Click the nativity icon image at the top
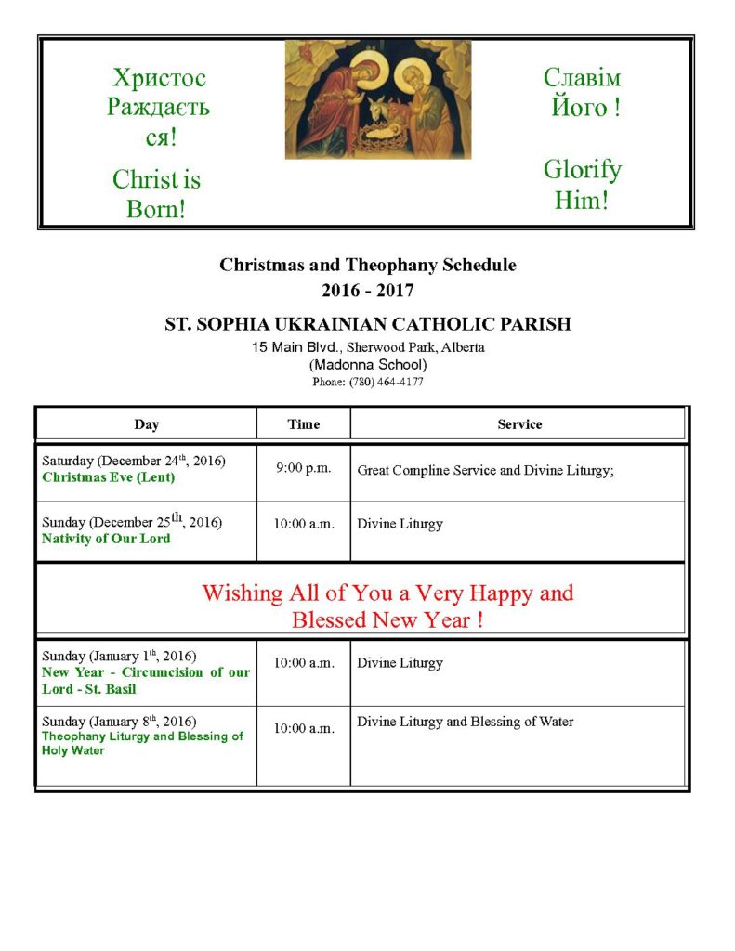[377, 98]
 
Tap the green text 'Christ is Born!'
[156, 193]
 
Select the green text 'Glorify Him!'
[582, 184]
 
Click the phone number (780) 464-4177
[368, 382]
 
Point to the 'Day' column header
[146, 424]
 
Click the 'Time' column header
[304, 424]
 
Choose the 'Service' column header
[519, 424]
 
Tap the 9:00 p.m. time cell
[304, 468]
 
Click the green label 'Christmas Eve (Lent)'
[109, 477]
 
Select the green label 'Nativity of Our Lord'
[106, 538]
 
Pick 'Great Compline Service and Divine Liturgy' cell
[486, 471]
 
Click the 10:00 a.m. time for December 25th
[304, 524]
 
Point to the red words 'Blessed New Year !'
[387, 619]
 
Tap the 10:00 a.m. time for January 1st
[304, 663]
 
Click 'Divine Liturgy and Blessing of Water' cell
[466, 722]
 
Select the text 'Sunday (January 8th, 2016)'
[119, 722]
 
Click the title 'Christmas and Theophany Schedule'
[368, 265]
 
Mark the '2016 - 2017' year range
[368, 291]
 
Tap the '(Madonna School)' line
[368, 365]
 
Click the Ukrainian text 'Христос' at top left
[159, 78]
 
